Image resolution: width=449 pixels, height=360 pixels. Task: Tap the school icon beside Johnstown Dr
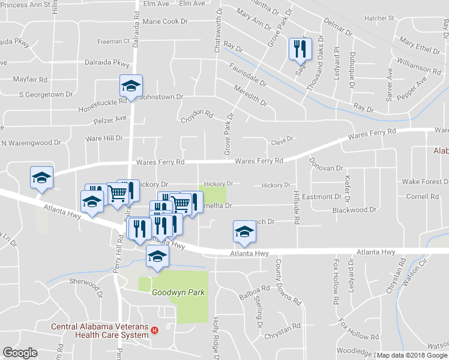click(x=130, y=86)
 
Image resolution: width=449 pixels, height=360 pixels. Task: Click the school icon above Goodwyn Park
click(x=157, y=256)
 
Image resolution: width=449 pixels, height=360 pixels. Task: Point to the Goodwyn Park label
click(x=178, y=293)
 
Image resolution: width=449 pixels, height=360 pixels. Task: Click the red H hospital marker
click(x=155, y=329)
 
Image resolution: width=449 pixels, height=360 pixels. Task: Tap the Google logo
click(x=20, y=353)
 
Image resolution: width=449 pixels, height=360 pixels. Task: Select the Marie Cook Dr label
click(x=165, y=22)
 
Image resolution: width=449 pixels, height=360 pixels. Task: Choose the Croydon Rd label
click(x=197, y=116)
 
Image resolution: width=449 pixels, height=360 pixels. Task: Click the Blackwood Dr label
click(x=354, y=210)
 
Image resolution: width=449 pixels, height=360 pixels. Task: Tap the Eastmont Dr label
click(x=322, y=197)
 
